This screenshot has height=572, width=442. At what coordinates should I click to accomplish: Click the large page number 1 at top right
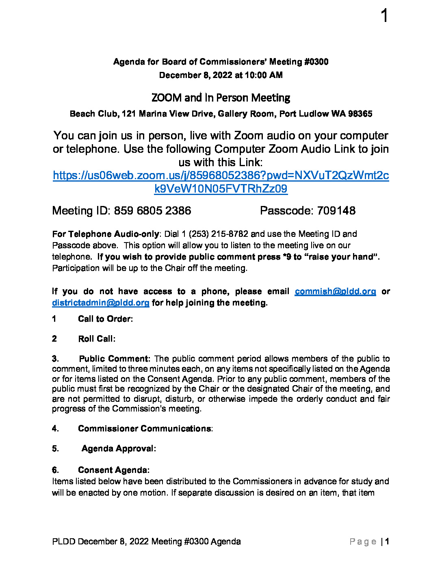[384, 16]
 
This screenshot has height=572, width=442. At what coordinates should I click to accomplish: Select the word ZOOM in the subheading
[166, 98]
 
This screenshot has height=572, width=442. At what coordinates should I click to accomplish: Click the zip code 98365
[360, 114]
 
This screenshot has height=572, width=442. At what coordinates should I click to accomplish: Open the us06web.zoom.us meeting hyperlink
[221, 175]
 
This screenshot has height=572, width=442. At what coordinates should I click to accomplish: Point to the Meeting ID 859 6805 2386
[152, 211]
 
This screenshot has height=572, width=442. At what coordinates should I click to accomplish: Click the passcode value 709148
[336, 211]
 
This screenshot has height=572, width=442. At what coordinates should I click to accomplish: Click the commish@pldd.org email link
[335, 291]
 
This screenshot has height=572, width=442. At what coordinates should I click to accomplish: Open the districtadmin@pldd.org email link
[101, 303]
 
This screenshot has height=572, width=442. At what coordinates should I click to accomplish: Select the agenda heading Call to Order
[105, 319]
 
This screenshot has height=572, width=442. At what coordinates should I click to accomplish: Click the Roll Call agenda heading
[96, 339]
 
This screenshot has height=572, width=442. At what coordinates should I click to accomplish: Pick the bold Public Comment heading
[114, 359]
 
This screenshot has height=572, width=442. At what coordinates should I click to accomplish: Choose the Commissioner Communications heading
[145, 429]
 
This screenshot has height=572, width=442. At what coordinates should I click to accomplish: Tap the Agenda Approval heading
[118, 448]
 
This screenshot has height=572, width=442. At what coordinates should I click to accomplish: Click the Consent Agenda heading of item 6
[113, 470]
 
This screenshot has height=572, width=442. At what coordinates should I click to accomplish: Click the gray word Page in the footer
[363, 542]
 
